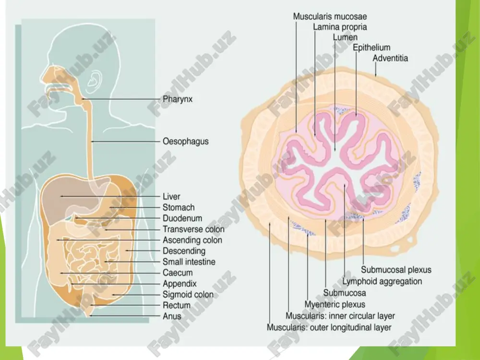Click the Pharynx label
(x=178, y=99)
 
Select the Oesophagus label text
(x=185, y=142)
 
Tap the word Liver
(x=171, y=196)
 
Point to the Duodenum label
(x=182, y=218)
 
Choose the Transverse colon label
(x=193, y=229)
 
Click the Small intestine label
(x=189, y=262)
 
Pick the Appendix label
(x=180, y=284)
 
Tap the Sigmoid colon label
(x=188, y=295)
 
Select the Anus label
(x=172, y=316)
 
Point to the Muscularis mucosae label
(x=330, y=16)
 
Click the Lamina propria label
(x=340, y=27)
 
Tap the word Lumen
(x=345, y=37)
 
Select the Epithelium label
(x=372, y=48)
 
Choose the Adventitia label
(x=390, y=58)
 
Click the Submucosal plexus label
(x=396, y=270)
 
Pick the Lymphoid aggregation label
(x=382, y=281)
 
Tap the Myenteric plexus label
(x=335, y=305)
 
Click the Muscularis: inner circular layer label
(x=340, y=316)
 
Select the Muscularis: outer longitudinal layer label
(x=329, y=327)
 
